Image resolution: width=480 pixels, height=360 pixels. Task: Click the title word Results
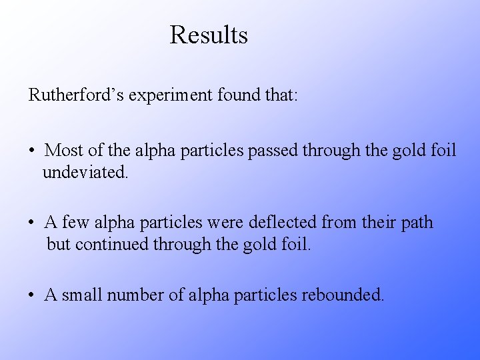click(209, 35)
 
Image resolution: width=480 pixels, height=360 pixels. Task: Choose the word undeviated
click(86, 173)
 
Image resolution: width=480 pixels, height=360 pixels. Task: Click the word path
click(416, 222)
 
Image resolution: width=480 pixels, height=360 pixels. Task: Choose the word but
click(59, 245)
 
